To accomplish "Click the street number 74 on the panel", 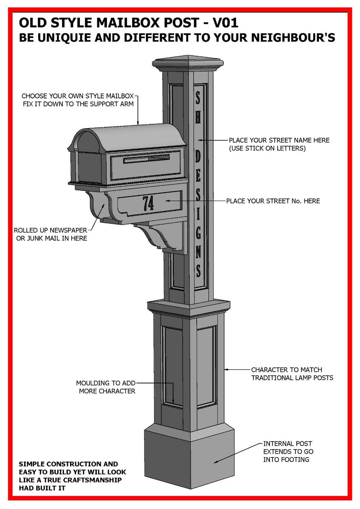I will point(148,203).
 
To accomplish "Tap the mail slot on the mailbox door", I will point(146,160).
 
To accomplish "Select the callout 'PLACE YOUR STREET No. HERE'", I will point(273,201).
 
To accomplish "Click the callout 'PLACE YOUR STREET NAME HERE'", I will point(279,140).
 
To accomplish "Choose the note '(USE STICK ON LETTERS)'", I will point(267,148).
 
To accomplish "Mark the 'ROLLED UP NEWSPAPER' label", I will point(51,230).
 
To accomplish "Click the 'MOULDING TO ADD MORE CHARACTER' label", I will point(107,387).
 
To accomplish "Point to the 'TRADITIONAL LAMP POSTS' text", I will point(292,378).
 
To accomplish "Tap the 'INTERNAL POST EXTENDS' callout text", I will point(288,447).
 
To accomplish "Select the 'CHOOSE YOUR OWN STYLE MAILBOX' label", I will point(81,96).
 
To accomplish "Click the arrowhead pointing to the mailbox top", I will point(138,123).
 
